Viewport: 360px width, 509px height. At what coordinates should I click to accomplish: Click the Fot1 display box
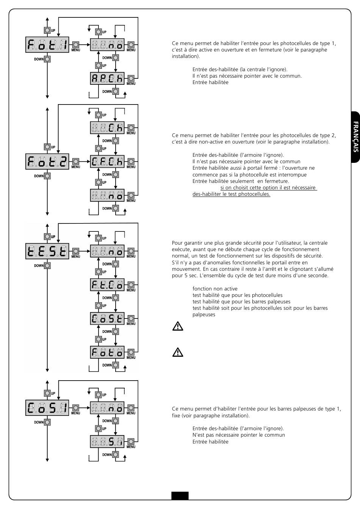(x=47, y=45)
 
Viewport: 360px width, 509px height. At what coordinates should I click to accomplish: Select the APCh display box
(x=107, y=79)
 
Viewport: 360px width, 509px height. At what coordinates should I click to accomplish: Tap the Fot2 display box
(x=47, y=162)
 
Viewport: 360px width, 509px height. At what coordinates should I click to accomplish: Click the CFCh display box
(x=107, y=162)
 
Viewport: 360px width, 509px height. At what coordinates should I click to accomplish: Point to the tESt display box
(x=47, y=251)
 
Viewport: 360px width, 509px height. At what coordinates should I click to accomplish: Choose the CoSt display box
(x=107, y=319)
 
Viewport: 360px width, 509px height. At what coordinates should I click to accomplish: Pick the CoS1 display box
(x=47, y=408)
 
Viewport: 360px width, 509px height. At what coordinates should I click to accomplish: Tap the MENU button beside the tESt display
(x=75, y=251)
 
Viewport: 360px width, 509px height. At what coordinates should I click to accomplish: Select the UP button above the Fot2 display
(x=47, y=147)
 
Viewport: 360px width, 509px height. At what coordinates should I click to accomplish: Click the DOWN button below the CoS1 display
(x=47, y=422)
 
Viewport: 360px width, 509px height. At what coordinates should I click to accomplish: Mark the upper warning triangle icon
(x=178, y=326)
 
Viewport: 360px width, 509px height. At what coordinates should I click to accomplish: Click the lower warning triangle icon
(x=178, y=352)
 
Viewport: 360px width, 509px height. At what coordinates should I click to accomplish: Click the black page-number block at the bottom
(x=180, y=495)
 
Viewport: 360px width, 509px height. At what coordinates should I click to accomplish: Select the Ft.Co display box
(x=107, y=285)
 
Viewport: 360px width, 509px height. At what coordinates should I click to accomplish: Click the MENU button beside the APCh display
(x=131, y=79)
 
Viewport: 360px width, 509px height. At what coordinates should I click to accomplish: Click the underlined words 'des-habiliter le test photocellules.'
(x=231, y=194)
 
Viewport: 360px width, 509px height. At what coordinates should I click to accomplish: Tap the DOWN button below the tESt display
(x=47, y=265)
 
